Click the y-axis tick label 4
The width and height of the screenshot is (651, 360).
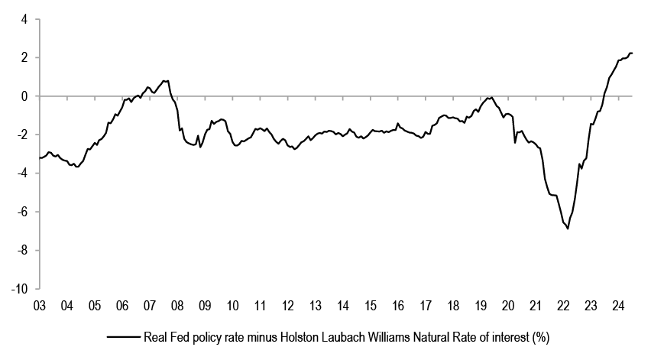coord(25,19)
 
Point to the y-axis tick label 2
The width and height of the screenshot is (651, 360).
coord(25,57)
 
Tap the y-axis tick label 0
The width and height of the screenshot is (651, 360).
coord(25,96)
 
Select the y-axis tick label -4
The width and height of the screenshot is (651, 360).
coord(23,174)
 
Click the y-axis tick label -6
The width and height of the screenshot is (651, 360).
coord(23,212)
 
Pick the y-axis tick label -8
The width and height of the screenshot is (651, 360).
coord(23,251)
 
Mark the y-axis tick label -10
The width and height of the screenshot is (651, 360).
coord(21,289)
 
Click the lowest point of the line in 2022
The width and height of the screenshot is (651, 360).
coord(568,229)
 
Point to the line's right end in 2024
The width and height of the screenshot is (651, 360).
coord(632,53)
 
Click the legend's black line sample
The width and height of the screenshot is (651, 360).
coord(124,336)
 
